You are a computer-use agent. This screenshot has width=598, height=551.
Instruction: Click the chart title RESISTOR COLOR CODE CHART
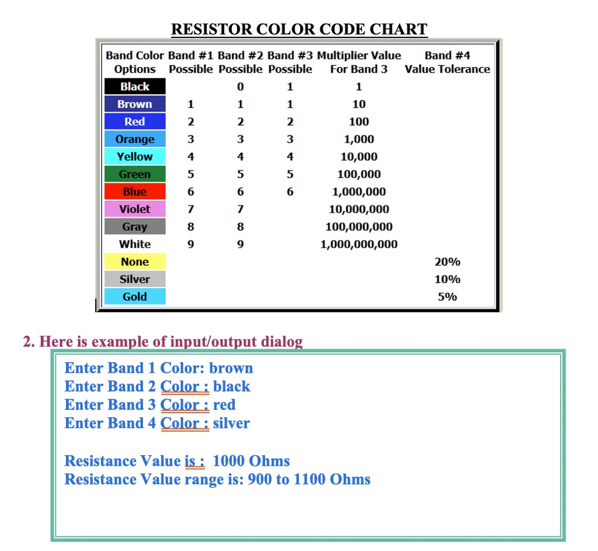pos(299,29)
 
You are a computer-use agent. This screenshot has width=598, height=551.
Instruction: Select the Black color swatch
pos(135,86)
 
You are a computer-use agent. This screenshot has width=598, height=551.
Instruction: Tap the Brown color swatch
pos(135,104)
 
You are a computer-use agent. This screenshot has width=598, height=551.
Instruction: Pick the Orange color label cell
pos(135,139)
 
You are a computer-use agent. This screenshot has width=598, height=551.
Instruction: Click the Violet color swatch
pos(135,209)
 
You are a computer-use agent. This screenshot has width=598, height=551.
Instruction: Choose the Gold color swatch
pos(135,297)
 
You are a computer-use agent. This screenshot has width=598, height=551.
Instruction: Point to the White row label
pos(135,244)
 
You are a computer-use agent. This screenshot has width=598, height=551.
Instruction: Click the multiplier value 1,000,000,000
pos(359,244)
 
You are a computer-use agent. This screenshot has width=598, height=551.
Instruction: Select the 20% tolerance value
pos(447,262)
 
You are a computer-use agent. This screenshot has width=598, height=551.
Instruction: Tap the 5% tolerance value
pos(447,297)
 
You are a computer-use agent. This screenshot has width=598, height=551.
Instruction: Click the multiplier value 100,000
pos(359,174)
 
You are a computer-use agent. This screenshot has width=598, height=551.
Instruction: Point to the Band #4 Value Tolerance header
pos(447,63)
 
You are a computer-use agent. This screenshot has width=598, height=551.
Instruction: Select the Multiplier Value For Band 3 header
pos(359,63)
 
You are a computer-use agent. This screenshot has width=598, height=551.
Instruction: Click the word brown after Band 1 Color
pos(231,368)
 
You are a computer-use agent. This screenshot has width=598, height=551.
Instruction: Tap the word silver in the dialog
pos(231,423)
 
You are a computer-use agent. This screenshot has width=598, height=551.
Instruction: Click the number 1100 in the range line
pos(309,480)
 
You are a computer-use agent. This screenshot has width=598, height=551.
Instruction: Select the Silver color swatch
pos(135,279)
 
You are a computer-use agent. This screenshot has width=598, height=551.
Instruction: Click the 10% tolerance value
pos(447,279)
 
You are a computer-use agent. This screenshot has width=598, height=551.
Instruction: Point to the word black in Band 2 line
pos(232,386)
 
